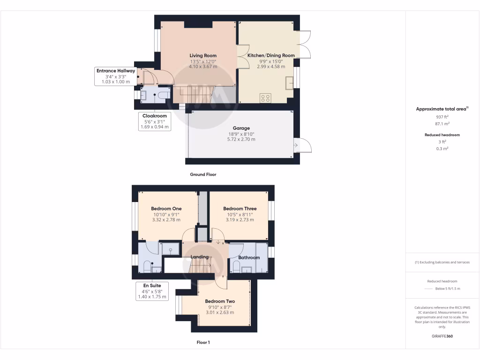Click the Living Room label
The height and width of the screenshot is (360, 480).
tap(203, 55)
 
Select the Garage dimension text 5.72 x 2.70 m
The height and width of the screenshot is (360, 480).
tap(242, 139)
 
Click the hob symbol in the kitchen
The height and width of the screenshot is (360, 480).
tap(265, 98)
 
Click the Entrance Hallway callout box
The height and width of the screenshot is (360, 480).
tap(115, 76)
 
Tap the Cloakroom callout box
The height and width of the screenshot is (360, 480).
tap(155, 121)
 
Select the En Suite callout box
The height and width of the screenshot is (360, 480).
tap(151, 291)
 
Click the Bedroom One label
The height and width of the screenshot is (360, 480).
tap(166, 209)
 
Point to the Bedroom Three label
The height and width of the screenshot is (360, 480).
tap(240, 209)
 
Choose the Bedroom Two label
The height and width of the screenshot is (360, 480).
tap(220, 301)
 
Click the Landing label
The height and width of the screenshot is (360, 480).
tap(199, 257)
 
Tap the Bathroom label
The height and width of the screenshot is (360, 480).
tap(249, 258)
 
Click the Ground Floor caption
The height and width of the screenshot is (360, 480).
tap(203, 174)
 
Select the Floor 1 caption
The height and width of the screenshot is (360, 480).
tap(203, 343)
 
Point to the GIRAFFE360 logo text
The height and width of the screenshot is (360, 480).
tap(442, 336)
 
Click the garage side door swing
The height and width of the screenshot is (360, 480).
tap(302, 146)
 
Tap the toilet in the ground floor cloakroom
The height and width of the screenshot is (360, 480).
tap(164, 95)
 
